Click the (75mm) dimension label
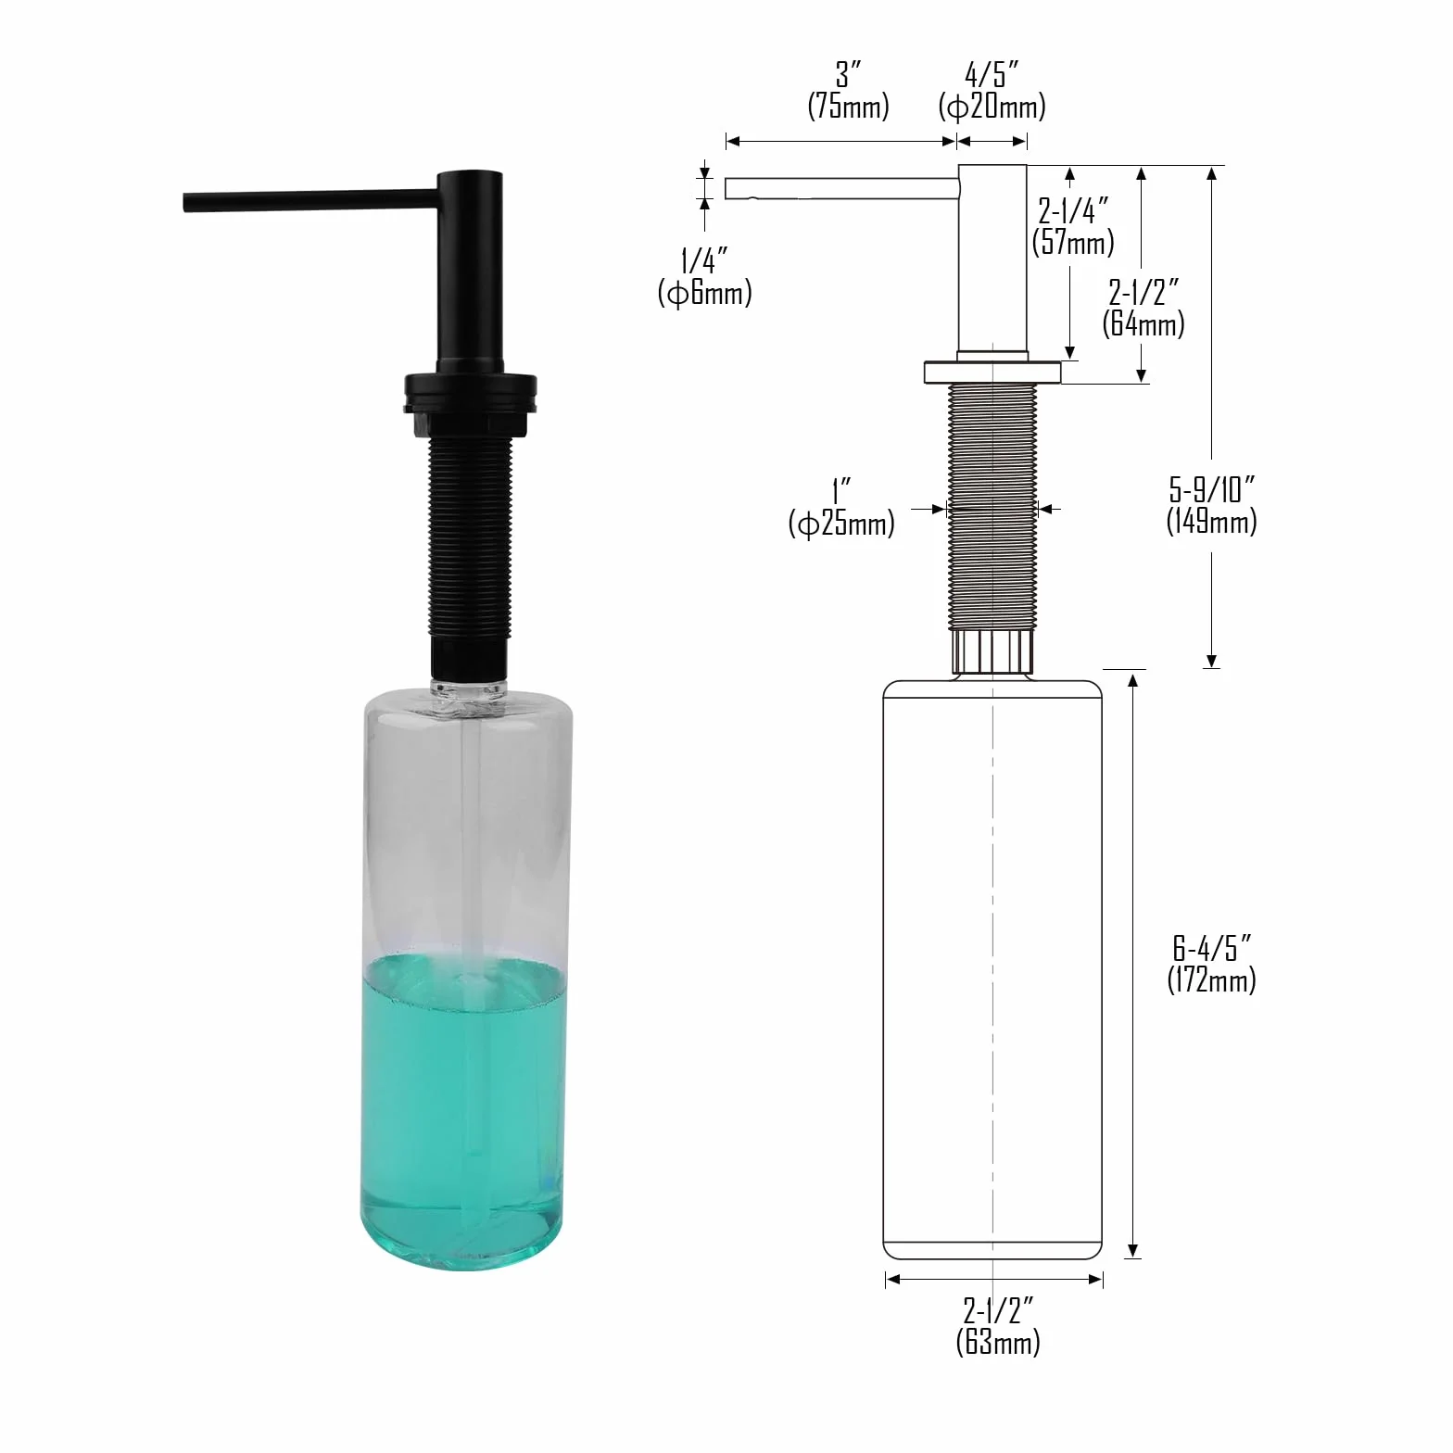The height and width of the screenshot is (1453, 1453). point(848,107)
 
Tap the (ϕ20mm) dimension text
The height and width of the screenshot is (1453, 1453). point(992,107)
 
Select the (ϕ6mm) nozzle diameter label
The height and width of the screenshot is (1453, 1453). point(704,293)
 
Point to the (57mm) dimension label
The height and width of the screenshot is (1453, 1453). point(1073,243)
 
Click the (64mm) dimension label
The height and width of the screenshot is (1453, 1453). point(1143,323)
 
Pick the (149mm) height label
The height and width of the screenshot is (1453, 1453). point(1211,521)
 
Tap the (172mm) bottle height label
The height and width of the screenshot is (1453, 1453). point(1211,979)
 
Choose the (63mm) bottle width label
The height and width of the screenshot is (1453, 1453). point(998,1342)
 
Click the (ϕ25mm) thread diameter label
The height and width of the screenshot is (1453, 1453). point(841,524)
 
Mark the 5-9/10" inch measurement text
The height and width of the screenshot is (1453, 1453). point(1211,488)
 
